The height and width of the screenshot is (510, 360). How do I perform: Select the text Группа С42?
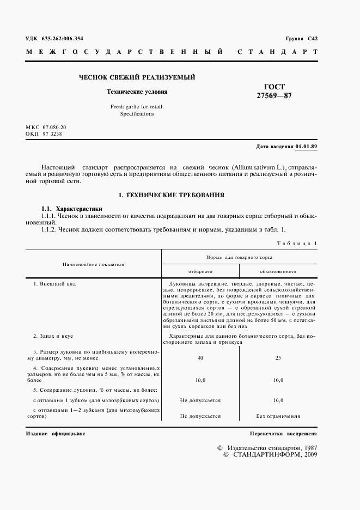point(301,39)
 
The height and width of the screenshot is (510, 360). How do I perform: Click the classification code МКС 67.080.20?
point(46,127)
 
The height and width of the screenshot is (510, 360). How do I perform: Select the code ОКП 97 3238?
point(44,133)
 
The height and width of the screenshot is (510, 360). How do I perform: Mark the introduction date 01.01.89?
point(307,147)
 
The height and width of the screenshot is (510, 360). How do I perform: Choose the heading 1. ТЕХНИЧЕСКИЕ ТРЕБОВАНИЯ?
point(172,195)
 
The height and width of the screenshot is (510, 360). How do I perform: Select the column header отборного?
point(200,270)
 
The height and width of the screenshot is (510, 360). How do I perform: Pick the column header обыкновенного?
point(278,270)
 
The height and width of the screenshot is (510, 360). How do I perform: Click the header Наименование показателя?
point(93,264)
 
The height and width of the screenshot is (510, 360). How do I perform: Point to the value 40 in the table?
point(200,358)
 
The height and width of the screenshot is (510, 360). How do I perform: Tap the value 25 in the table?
point(278,358)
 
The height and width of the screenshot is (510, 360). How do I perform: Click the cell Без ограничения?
point(278,416)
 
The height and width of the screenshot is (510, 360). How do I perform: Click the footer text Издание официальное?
point(56,434)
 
